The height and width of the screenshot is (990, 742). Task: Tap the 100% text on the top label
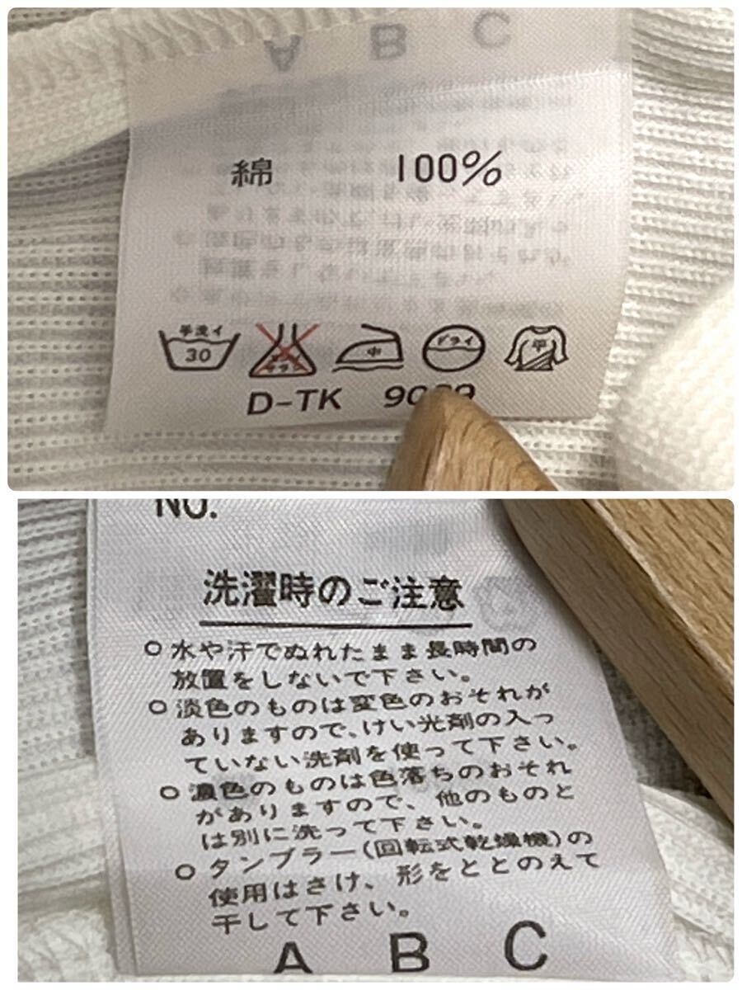pyautogui.click(x=448, y=172)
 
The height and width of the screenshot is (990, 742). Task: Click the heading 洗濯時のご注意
pyautogui.click(x=331, y=593)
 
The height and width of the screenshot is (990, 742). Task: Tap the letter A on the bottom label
pyautogui.click(x=292, y=958)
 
